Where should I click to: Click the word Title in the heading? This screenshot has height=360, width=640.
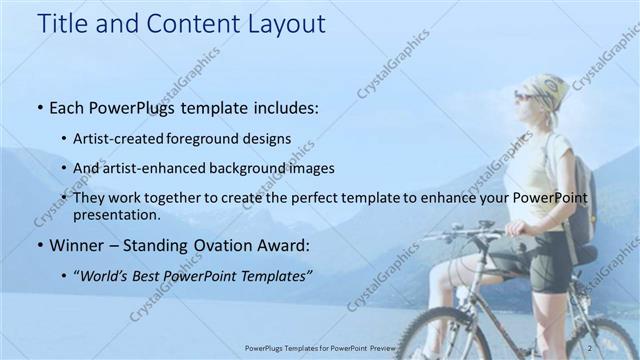(x=63, y=24)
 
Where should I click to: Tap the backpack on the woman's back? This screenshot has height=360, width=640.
(x=581, y=190)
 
